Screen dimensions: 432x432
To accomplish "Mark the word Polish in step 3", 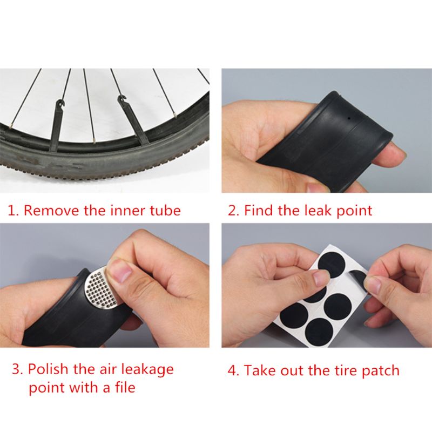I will click(50, 370).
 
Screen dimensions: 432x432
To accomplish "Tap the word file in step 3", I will click(122, 387).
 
